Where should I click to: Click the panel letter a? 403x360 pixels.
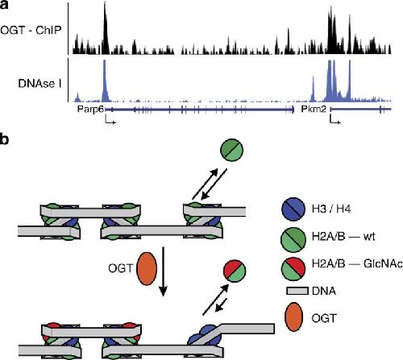coord(4,5)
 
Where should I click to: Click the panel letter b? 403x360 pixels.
coord(4,139)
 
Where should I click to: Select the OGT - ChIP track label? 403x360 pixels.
coord(31,30)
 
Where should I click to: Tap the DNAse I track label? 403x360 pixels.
coord(39,84)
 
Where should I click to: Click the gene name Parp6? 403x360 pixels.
coord(90,110)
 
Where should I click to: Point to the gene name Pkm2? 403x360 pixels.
coord(314,109)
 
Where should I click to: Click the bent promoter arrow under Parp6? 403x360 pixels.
coord(110,120)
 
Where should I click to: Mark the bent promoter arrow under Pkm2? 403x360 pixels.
coord(335,120)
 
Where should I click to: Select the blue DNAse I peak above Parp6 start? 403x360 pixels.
coord(105,81)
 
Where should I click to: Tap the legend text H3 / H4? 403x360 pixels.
coord(331,209)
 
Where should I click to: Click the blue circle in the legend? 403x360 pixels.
coord(293,209)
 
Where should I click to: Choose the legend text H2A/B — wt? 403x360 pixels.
coord(343,237)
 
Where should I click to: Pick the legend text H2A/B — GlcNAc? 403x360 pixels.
coord(357,264)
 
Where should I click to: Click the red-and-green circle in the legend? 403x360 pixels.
coord(293,268)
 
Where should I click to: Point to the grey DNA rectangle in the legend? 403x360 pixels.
coord(297,292)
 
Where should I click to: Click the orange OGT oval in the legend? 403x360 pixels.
coord(293,317)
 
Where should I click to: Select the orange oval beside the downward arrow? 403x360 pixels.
coord(147,268)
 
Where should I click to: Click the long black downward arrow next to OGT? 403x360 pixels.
coord(163,271)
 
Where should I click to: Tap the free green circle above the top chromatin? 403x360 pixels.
coord(232,150)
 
